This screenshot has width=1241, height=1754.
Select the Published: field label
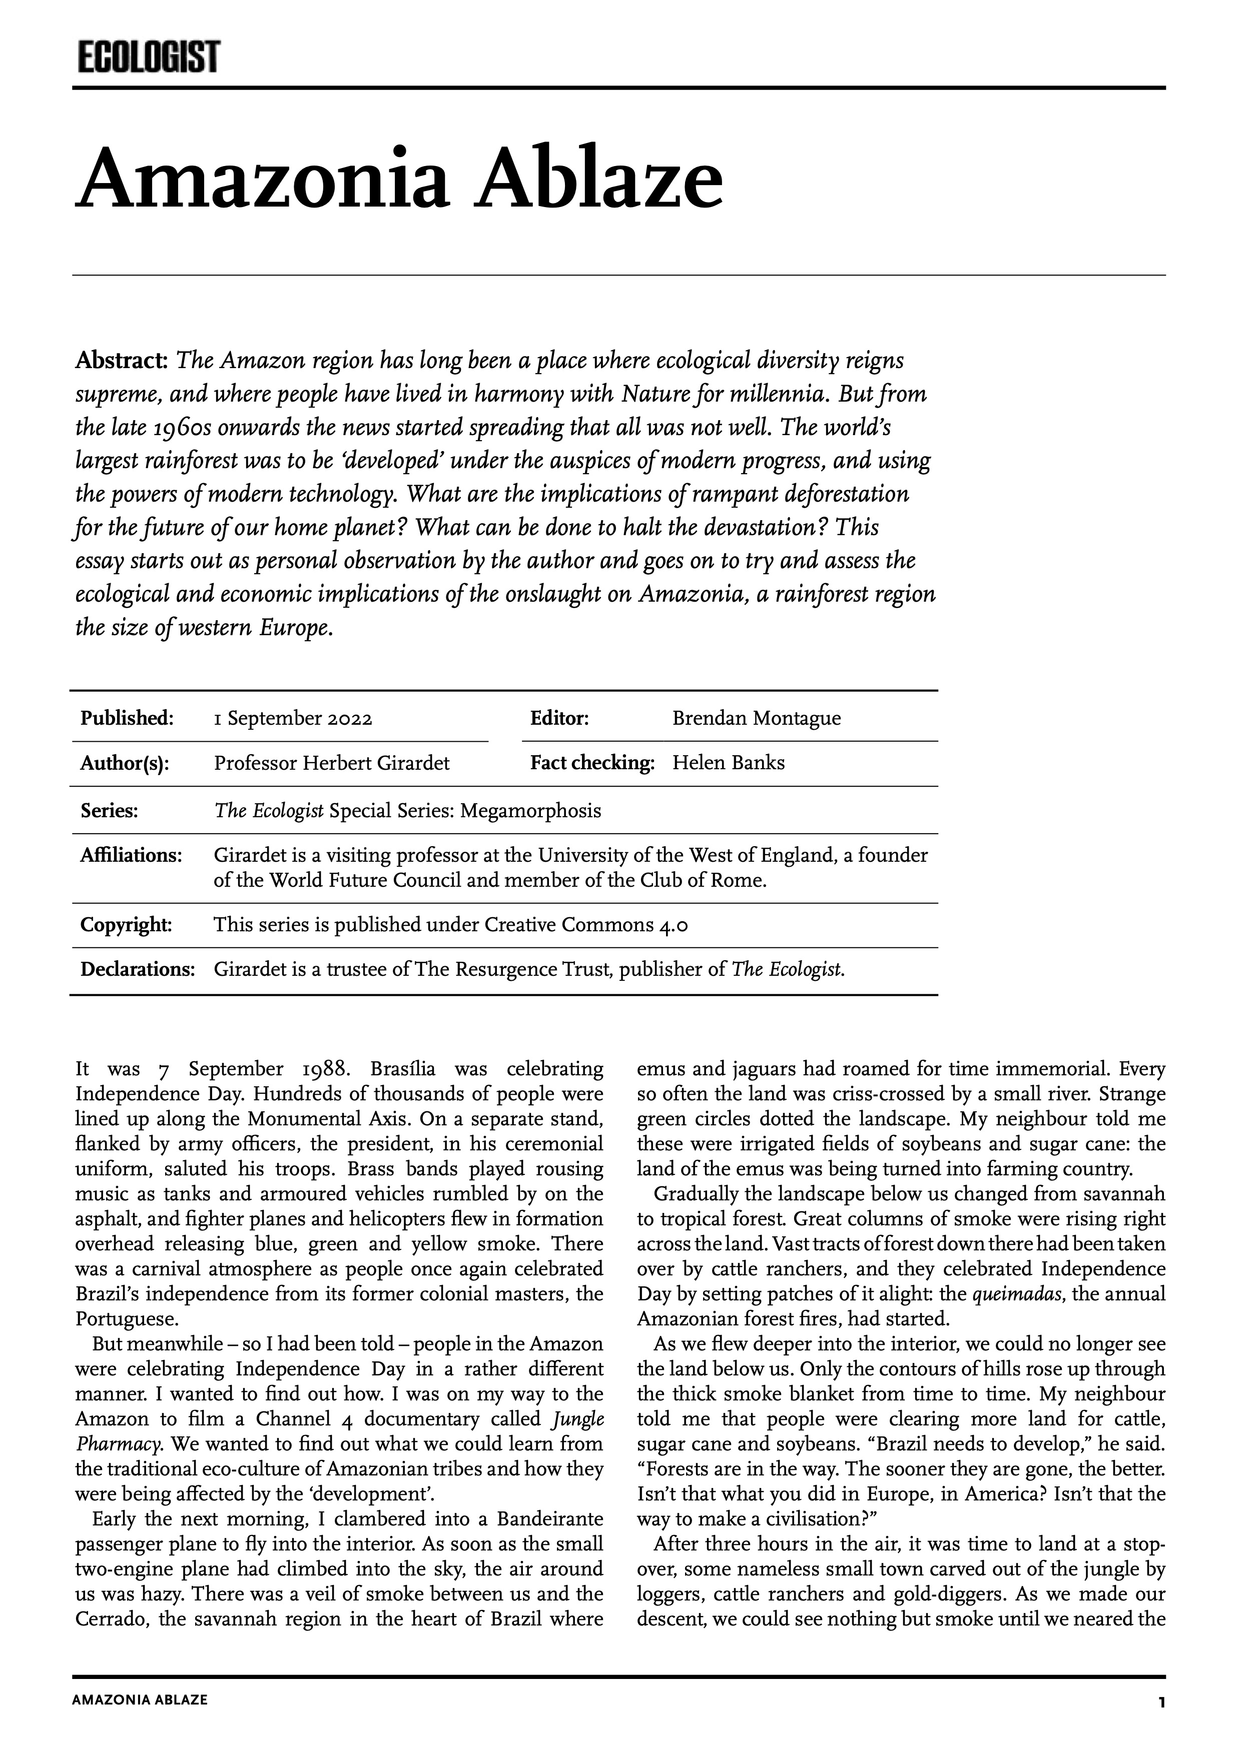[x=127, y=718]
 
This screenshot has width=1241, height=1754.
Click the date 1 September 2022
[x=293, y=719]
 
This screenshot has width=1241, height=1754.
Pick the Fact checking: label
[x=592, y=763]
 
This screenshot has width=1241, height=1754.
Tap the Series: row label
[x=109, y=811]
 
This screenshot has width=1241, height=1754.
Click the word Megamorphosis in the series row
[x=530, y=811]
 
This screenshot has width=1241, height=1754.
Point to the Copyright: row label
[x=126, y=925]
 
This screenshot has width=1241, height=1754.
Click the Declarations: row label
[x=138, y=970]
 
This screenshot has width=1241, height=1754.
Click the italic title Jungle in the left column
[x=577, y=1420]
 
